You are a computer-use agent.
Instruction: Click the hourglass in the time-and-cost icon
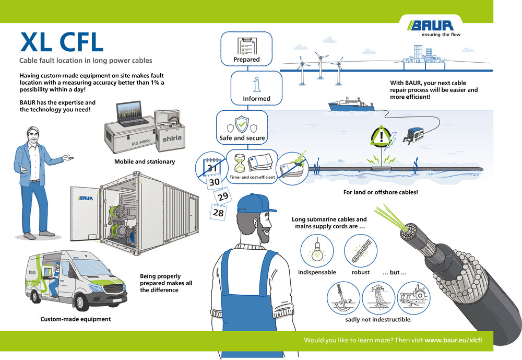[240, 164]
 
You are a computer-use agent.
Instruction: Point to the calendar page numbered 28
[218, 213]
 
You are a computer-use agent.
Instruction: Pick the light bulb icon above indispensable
[316, 250]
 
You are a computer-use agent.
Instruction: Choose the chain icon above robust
[360, 250]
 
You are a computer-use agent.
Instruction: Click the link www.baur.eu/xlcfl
[453, 340]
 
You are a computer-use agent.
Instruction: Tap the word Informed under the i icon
[256, 98]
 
